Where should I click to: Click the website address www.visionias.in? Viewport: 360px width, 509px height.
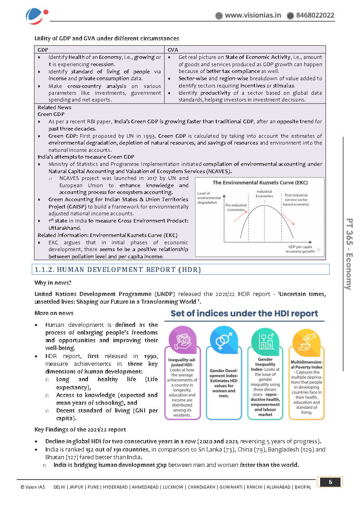click(x=253, y=15)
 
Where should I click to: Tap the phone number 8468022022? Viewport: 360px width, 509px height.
click(x=315, y=15)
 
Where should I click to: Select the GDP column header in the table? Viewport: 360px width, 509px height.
click(x=43, y=49)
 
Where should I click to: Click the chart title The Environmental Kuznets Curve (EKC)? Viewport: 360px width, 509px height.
click(x=259, y=183)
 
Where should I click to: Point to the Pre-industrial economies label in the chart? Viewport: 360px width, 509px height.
click(x=236, y=208)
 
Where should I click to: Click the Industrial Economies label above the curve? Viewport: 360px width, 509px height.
click(x=264, y=194)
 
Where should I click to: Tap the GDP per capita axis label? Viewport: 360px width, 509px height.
click(x=300, y=249)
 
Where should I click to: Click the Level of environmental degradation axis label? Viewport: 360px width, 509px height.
click(x=209, y=198)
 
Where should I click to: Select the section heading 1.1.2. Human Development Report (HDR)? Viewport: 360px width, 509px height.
click(x=118, y=270)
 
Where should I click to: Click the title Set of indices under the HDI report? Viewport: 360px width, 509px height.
click(x=244, y=314)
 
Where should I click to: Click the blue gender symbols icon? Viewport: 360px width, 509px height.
click(x=224, y=341)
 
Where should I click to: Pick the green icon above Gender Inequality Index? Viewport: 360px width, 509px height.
click(x=265, y=341)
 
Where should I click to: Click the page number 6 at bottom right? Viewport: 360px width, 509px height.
click(x=330, y=482)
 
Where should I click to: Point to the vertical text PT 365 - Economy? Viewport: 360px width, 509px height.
click(x=349, y=254)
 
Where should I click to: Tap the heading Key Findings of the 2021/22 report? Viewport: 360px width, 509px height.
click(x=80, y=429)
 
